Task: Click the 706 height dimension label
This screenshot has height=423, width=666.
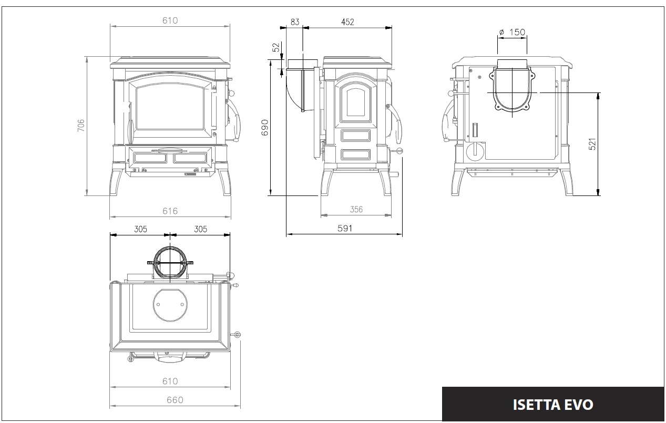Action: click(x=81, y=126)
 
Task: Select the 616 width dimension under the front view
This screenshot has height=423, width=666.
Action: click(x=170, y=211)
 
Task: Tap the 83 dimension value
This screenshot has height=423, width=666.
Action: click(x=295, y=22)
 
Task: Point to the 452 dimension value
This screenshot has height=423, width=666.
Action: click(x=347, y=22)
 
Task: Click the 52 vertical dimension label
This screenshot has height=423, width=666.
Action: click(x=276, y=47)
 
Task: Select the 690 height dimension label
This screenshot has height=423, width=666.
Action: click(x=264, y=128)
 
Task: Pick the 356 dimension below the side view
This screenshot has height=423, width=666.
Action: click(x=356, y=210)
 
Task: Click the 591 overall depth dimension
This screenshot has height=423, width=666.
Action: click(x=345, y=228)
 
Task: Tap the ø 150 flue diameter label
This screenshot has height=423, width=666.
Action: click(x=512, y=32)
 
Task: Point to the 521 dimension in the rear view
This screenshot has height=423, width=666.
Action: click(x=592, y=144)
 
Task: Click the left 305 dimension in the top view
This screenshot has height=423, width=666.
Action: click(x=141, y=229)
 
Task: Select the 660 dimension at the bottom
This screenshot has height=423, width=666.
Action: click(x=175, y=400)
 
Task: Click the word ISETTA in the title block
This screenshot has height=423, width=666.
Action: click(x=536, y=405)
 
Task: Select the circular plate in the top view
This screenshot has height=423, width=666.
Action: click(x=170, y=305)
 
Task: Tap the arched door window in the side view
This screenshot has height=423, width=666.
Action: click(x=356, y=102)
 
